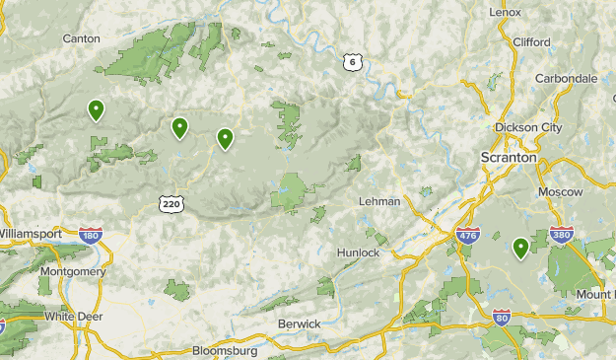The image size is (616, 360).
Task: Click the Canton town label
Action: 81,38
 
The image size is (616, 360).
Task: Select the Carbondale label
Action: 566,78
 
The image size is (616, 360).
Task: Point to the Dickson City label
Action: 527,127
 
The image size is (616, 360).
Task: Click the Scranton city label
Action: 508,157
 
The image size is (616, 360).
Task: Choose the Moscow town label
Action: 560,190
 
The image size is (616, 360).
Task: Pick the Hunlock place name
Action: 357,252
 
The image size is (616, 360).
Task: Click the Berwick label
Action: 300,324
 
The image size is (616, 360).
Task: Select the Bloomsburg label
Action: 225,350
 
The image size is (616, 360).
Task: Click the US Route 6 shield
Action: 352,61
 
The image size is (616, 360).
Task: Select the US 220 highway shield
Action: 170,203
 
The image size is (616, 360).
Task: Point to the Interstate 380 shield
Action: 589,235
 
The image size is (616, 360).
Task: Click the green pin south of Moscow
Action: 520,247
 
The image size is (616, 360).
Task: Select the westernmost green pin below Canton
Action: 96,109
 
